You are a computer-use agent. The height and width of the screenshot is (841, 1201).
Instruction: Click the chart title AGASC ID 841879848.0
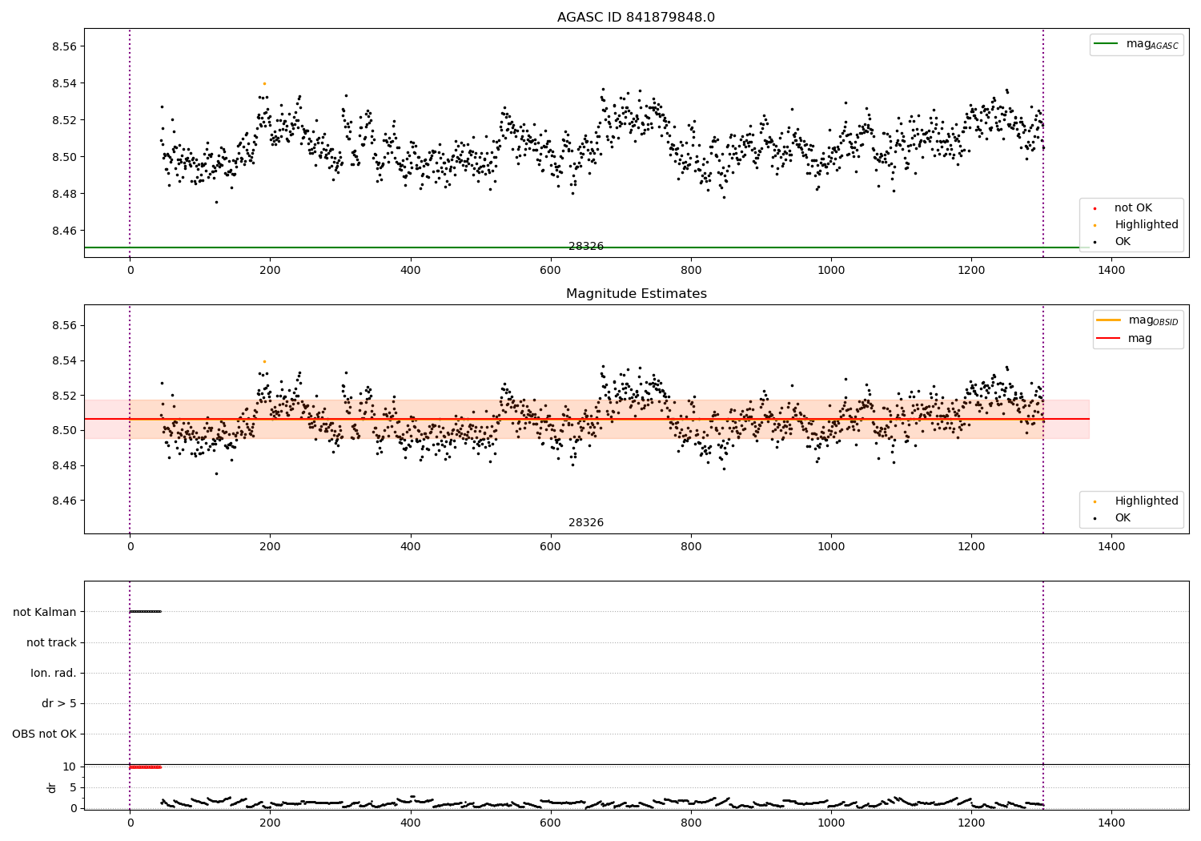pos(636,18)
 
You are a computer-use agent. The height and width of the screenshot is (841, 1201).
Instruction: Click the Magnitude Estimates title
pos(636,294)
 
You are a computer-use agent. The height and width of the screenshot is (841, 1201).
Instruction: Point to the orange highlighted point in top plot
pos(264,83)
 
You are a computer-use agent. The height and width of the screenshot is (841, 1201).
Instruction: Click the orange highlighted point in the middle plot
pos(264,361)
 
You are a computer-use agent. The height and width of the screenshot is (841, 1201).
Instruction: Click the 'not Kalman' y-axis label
pos(45,612)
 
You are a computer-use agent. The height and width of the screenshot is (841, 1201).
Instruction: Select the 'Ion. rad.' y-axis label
pos(54,673)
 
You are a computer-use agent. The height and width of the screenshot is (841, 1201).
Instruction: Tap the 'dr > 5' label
pos(59,703)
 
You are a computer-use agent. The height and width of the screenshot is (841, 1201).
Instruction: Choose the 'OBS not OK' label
pos(45,734)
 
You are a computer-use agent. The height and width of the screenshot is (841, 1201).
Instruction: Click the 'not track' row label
pos(51,642)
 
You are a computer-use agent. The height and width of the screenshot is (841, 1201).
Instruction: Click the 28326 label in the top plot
pos(586,247)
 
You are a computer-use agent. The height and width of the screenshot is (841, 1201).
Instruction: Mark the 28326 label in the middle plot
pos(586,523)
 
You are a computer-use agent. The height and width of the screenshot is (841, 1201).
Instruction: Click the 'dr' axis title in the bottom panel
pos(52,787)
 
